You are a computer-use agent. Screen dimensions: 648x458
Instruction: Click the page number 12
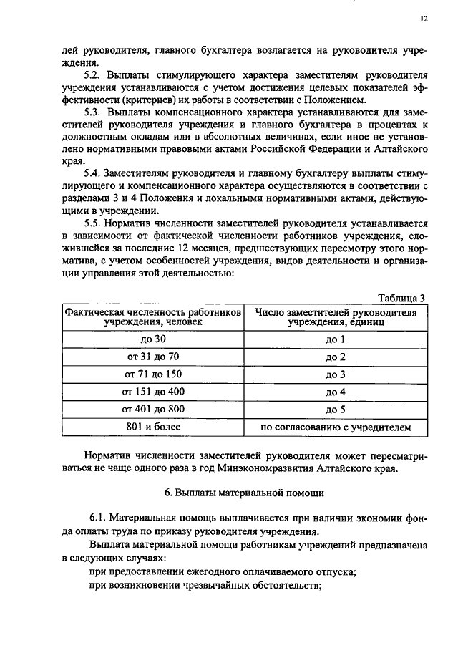point(424,21)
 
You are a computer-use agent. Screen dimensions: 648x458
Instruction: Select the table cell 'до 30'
point(152,339)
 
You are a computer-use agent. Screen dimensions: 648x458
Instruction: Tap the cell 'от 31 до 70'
point(152,357)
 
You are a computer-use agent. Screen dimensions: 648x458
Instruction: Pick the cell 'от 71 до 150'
point(152,374)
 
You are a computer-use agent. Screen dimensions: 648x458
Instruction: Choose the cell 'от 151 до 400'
point(152,392)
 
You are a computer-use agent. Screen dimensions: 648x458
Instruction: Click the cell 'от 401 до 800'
point(152,410)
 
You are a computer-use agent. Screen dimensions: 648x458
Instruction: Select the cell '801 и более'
point(152,427)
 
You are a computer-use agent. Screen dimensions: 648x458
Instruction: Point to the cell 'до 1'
point(336,339)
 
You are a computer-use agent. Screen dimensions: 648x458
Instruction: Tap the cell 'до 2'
point(336,357)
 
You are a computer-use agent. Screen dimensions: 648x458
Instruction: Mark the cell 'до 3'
point(336,374)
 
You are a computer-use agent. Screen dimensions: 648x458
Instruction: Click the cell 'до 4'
point(336,392)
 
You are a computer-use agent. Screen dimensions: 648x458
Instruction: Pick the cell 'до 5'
point(336,410)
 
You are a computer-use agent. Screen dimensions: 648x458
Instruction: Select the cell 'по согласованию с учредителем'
point(336,427)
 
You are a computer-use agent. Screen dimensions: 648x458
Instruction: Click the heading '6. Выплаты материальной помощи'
point(244,493)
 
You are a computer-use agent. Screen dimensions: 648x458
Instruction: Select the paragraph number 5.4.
point(93,173)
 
